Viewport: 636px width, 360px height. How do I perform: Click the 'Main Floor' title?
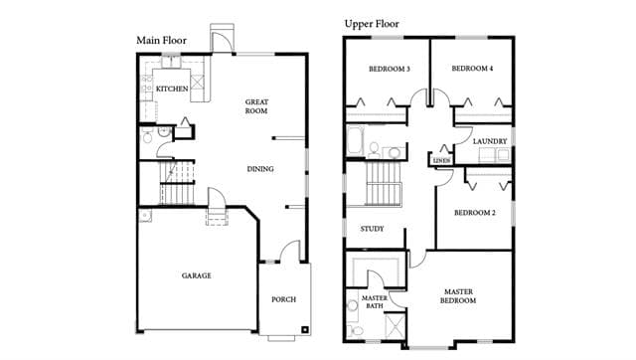[161, 41]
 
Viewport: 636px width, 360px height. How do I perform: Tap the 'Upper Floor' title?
[372, 24]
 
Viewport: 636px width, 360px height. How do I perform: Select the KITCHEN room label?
[172, 89]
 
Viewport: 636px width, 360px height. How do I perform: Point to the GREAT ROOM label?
[256, 106]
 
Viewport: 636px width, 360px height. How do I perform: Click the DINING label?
[260, 169]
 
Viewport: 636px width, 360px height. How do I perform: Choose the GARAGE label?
[197, 275]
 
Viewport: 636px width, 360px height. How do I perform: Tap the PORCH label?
[283, 299]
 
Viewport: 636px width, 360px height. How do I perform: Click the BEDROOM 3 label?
[390, 69]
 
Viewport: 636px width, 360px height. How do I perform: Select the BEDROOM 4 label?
[473, 69]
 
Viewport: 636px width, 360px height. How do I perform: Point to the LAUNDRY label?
[490, 141]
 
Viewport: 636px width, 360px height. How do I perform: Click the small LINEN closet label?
[441, 161]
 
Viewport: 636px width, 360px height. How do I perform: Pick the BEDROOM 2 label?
[475, 213]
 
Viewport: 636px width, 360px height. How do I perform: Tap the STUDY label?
[372, 229]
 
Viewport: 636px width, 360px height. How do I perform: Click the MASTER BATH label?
[375, 302]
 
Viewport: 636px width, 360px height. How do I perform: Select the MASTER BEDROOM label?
[458, 296]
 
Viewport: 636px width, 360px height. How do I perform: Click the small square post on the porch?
[304, 329]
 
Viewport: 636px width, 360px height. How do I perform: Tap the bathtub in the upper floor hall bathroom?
[356, 140]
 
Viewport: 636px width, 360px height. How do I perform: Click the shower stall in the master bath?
[395, 325]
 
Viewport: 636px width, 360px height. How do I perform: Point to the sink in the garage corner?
[145, 215]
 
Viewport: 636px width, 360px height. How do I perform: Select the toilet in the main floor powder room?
[147, 137]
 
